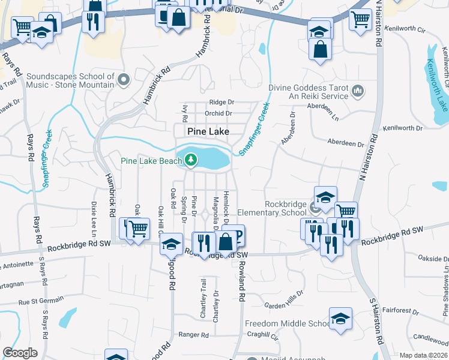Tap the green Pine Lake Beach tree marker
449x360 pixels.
[191, 160]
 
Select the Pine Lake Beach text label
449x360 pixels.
[151, 160]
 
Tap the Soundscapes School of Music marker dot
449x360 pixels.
[124, 79]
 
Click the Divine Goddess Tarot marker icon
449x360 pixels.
[358, 91]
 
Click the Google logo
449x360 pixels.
[20, 353]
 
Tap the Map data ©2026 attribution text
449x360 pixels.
[423, 355]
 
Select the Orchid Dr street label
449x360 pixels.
[218, 113]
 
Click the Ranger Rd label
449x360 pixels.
[193, 335]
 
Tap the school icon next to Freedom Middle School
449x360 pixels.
[340, 319]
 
